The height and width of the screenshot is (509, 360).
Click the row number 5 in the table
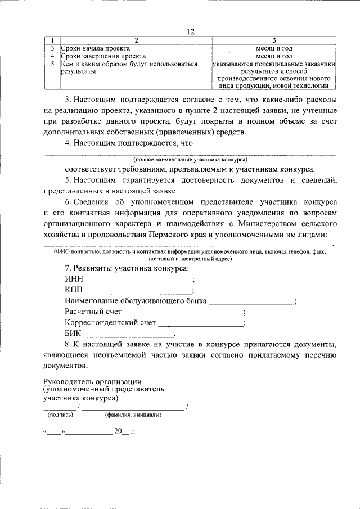pos(51,64)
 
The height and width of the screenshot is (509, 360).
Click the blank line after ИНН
pos(138,280)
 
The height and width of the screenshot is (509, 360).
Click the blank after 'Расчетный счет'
pos(183,312)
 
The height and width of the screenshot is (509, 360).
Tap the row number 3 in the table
pos(51,49)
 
